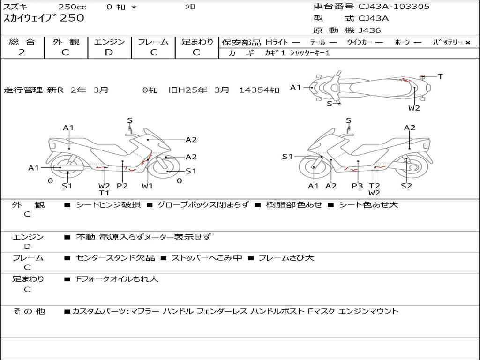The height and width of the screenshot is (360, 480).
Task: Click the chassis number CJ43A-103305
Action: [394, 7]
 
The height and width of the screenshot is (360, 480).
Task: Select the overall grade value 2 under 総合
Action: [22, 52]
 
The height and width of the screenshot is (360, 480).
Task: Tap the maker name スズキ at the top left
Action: [15, 7]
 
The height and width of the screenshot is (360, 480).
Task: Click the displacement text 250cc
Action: [73, 7]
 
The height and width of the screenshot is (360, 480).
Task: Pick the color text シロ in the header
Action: [190, 7]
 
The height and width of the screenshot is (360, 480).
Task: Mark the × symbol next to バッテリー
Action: [468, 43]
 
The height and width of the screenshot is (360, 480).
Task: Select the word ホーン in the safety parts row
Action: [402, 42]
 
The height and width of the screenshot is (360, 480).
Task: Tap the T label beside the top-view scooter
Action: [440, 76]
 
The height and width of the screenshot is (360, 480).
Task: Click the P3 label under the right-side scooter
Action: [357, 186]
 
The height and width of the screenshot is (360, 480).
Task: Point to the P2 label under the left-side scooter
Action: [122, 186]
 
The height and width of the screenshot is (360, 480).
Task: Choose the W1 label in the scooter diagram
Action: [147, 186]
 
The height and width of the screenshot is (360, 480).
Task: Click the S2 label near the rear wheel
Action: [406, 186]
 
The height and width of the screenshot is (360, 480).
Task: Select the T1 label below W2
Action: [104, 193]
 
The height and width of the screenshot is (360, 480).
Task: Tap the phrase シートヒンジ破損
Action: [108, 204]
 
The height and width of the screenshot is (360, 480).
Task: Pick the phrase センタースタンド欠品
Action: [115, 258]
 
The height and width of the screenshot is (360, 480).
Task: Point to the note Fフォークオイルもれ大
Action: [117, 279]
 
